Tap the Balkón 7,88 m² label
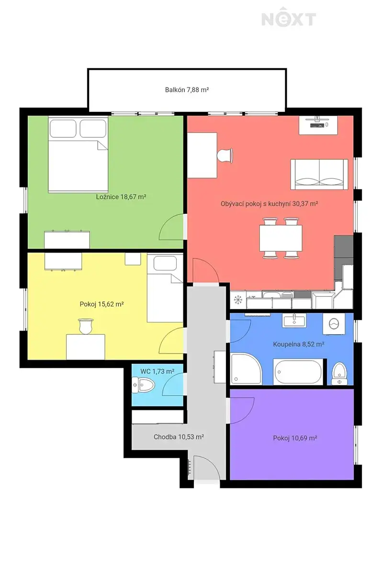pyautogui.click(x=187, y=90)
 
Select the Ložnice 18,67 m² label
pyautogui.click(x=121, y=197)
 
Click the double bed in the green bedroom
pyautogui.click(x=78, y=154)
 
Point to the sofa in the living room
pyautogui.click(x=319, y=174)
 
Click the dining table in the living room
pyautogui.click(x=281, y=238)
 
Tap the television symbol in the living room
pyautogui.click(x=318, y=125)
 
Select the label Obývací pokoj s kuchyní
pyautogui.click(x=256, y=204)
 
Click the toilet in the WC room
pyautogui.click(x=144, y=385)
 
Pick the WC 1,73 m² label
pyautogui.click(x=157, y=371)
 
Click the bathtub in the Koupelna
pyautogui.click(x=298, y=372)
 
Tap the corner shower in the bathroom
pyautogui.click(x=246, y=368)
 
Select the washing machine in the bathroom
pyautogui.click(x=334, y=324)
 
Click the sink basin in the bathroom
pyautogui.click(x=294, y=320)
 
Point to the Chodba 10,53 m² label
pyautogui.click(x=179, y=437)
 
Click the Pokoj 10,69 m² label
pyautogui.click(x=295, y=438)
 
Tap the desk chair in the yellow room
pyautogui.click(x=85, y=326)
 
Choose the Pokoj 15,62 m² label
pyautogui.click(x=101, y=304)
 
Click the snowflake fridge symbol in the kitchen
pyautogui.click(x=238, y=300)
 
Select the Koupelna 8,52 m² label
pyautogui.click(x=298, y=344)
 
